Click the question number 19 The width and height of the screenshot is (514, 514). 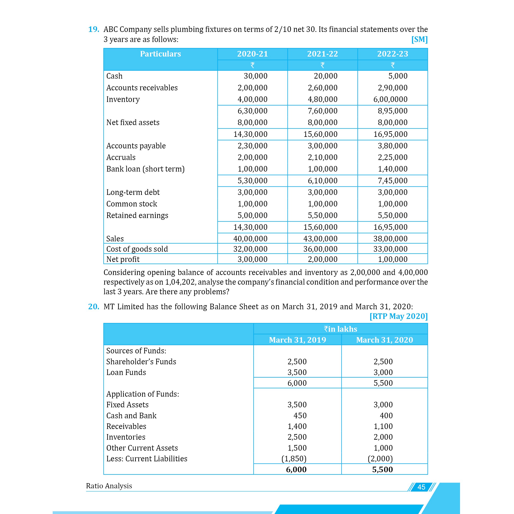click(x=93, y=29)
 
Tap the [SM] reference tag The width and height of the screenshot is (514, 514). click(x=419, y=39)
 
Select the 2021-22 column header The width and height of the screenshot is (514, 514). click(x=323, y=54)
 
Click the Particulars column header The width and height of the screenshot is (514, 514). click(x=160, y=54)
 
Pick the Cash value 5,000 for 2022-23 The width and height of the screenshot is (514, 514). click(x=398, y=76)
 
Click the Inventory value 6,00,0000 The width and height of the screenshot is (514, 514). click(x=390, y=99)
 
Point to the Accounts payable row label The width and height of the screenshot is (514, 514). click(x=136, y=146)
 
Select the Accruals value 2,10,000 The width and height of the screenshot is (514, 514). click(x=323, y=157)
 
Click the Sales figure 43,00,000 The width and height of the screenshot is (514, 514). click(x=320, y=239)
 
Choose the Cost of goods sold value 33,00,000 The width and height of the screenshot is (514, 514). click(x=390, y=249)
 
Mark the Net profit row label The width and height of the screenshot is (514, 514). click(x=123, y=259)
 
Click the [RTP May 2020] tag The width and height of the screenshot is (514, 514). click(x=398, y=316)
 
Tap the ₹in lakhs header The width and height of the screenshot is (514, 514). click(x=341, y=329)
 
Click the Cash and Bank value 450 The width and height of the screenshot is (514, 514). click(x=300, y=415)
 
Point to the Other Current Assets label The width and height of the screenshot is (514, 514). click(x=142, y=448)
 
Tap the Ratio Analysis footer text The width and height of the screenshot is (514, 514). click(x=109, y=486)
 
